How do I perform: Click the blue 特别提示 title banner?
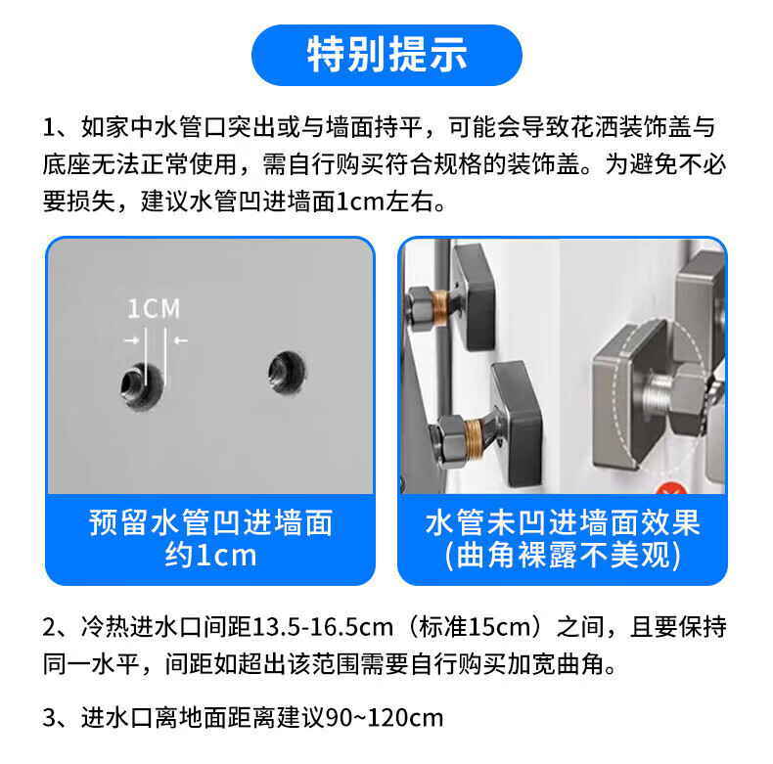click(x=386, y=55)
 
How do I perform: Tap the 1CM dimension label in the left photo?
click(x=154, y=309)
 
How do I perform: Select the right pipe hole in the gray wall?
click(x=287, y=373)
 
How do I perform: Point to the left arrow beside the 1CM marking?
click(x=132, y=340)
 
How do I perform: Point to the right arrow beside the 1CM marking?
click(x=180, y=340)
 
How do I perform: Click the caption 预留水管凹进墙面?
click(x=211, y=522)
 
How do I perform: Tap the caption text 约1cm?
click(x=211, y=555)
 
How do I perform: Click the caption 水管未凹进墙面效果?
click(x=563, y=522)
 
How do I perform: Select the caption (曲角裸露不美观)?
click(x=563, y=556)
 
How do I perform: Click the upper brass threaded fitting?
click(x=440, y=306)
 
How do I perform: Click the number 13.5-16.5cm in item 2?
click(x=323, y=627)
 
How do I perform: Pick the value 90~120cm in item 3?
click(x=385, y=718)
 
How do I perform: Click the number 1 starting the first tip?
click(x=49, y=128)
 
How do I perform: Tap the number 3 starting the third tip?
click(x=50, y=718)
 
